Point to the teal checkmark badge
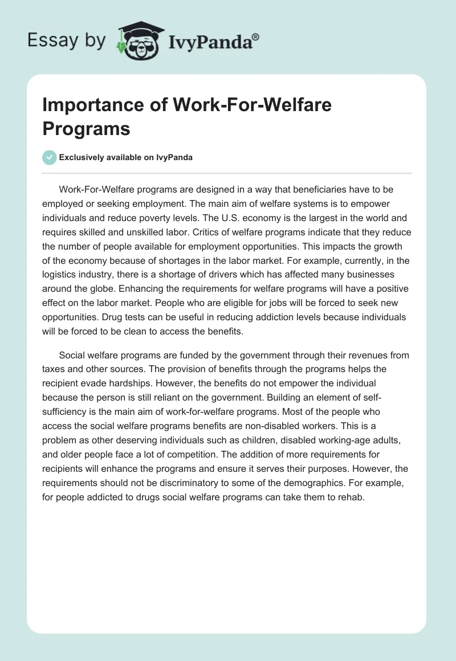pyautogui.click(x=50, y=157)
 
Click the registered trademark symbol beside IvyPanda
pyautogui.click(x=256, y=36)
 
